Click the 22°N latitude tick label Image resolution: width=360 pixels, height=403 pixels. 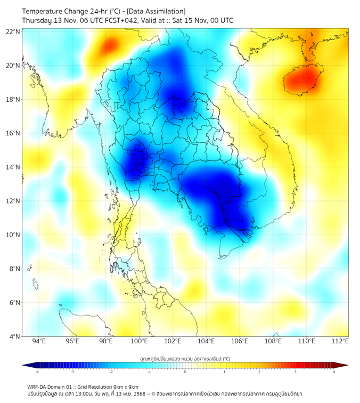click(13, 31)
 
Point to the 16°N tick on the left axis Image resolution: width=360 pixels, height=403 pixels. click(13, 133)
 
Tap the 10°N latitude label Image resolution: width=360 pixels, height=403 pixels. click(13, 235)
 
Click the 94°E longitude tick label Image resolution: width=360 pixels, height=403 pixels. click(39, 341)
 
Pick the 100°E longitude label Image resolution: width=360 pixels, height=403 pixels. click(140, 341)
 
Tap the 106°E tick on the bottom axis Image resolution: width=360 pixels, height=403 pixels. click(240, 341)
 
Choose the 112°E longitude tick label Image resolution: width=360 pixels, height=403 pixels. click(340, 341)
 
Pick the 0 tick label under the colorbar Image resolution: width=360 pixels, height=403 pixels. click(185, 372)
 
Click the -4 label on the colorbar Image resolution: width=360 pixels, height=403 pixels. click(36, 372)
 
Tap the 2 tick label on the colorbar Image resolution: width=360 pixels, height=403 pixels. click(259, 372)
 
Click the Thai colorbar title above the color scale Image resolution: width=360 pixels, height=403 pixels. click(185, 358)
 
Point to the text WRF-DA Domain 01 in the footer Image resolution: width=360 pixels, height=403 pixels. click(52, 386)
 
